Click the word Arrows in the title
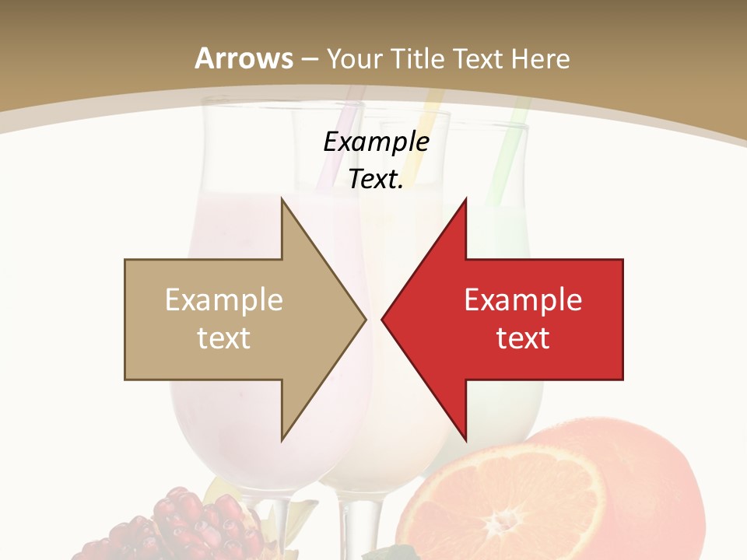pos(244,58)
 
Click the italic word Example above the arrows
pos(376,142)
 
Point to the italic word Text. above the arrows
pos(376,179)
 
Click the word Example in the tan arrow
pos(223,299)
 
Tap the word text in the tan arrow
pos(223,338)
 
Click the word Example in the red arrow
pos(523,299)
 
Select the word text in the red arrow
pos(523,338)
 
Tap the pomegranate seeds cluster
pos(187,525)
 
